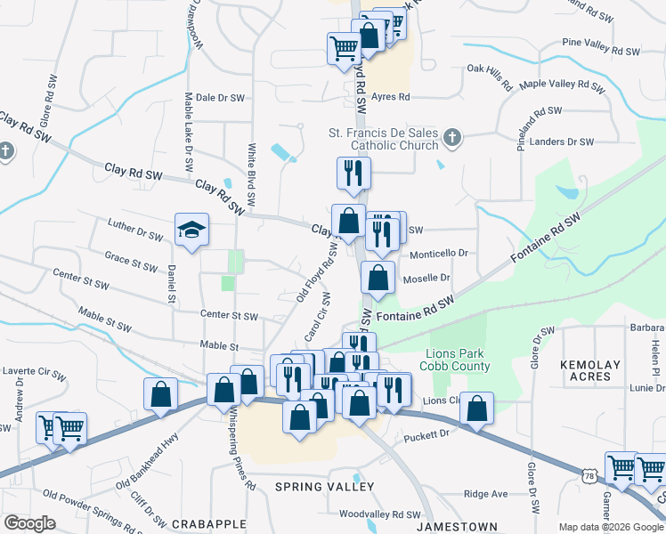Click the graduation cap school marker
tap(191, 231)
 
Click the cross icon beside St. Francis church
tap(452, 137)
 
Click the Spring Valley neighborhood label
tap(324, 487)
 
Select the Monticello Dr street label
tap(439, 254)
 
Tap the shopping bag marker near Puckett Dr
tap(478, 409)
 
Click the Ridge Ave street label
tap(485, 494)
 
